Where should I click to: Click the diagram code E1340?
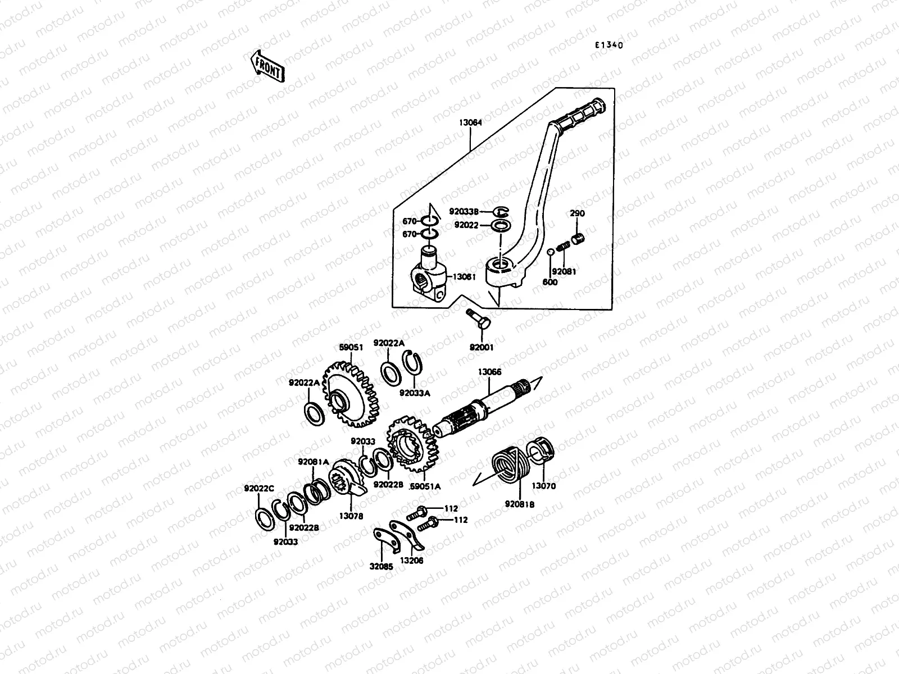(609, 46)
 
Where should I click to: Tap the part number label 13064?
(470, 122)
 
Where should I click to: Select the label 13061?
(464, 276)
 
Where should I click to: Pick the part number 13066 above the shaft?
(489, 372)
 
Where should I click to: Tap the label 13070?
(543, 486)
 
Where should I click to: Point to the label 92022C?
(258, 488)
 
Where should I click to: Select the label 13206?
(412, 561)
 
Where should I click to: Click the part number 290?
(577, 213)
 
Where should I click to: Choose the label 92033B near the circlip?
(464, 212)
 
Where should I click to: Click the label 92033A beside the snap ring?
(414, 393)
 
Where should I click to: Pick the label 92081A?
(314, 462)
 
